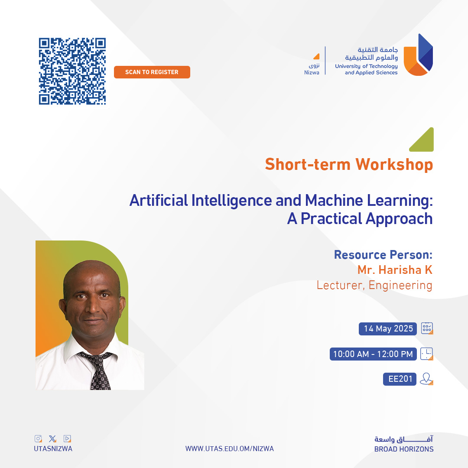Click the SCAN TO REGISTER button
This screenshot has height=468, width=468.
pyautogui.click(x=152, y=72)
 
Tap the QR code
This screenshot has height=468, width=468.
pyautogui.click(x=72, y=71)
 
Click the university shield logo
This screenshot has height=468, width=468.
pyautogui.click(x=418, y=55)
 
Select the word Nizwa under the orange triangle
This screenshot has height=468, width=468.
pyautogui.click(x=312, y=72)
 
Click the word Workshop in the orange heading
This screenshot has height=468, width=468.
pyautogui.click(x=394, y=165)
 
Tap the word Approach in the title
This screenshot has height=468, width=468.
pyautogui.click(x=399, y=219)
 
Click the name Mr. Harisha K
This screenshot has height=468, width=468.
pyautogui.click(x=395, y=270)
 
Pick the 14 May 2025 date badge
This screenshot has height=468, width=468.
pyautogui.click(x=388, y=328)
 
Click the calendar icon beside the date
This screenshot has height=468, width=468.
pyautogui.click(x=427, y=328)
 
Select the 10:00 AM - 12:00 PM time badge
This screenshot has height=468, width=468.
pyautogui.click(x=373, y=354)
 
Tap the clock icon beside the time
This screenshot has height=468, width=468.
pyautogui.click(x=426, y=354)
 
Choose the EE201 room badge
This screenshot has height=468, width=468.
pyautogui.click(x=400, y=379)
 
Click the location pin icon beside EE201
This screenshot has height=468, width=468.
pyautogui.click(x=426, y=379)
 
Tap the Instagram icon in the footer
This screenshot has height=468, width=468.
pyautogui.click(x=38, y=439)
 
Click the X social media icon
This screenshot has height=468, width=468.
pyautogui.click(x=52, y=439)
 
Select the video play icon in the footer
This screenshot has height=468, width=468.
pyautogui.click(x=67, y=439)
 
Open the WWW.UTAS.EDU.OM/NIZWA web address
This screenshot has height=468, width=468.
pyautogui.click(x=230, y=448)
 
